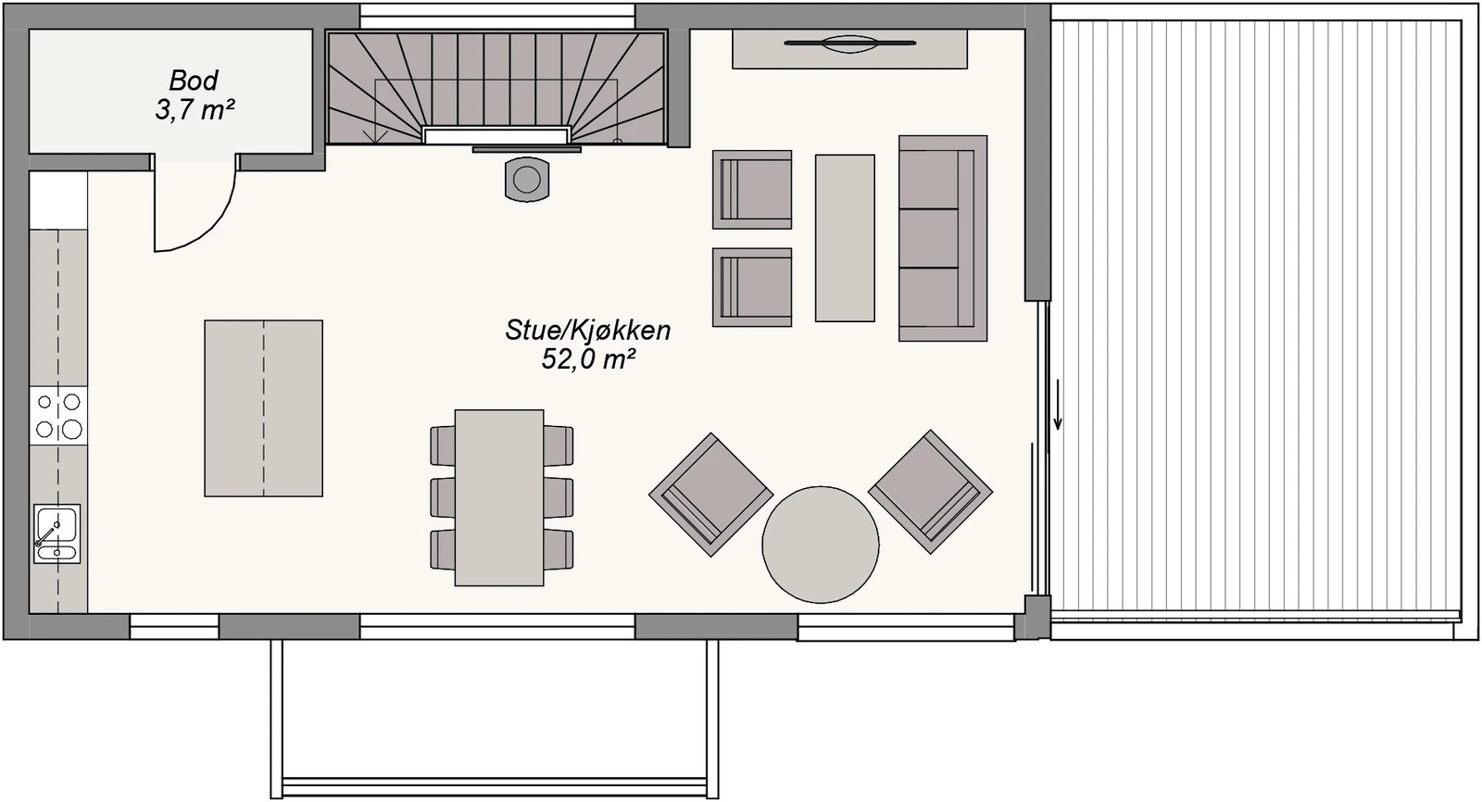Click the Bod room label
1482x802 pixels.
pos(194,81)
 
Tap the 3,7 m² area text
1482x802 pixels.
pos(194,111)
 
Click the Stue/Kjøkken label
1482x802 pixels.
pos(587,330)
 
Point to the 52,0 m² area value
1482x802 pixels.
pos(587,359)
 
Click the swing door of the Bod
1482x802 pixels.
pos(195,208)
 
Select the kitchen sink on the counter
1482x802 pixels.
pos(57,533)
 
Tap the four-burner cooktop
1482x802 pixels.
pos(57,416)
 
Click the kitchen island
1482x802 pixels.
pos(263,408)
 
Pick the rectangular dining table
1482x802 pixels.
pos(499,497)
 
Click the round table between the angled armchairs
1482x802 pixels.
pos(820,545)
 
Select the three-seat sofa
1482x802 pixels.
pos(941,238)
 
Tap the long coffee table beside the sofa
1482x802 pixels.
pos(845,238)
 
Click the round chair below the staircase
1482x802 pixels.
pos(526,179)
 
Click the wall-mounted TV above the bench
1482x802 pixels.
pos(849,42)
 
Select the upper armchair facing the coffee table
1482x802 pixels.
pos(752,189)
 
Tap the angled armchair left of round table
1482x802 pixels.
pos(710,494)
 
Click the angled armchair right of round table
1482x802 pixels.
pos(930,492)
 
